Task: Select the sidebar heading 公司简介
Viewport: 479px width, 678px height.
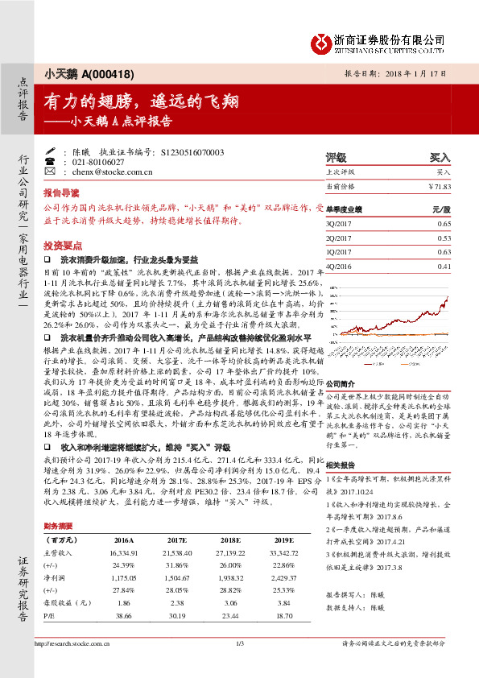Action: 341,384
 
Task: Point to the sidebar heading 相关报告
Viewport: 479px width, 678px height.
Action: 341,465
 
